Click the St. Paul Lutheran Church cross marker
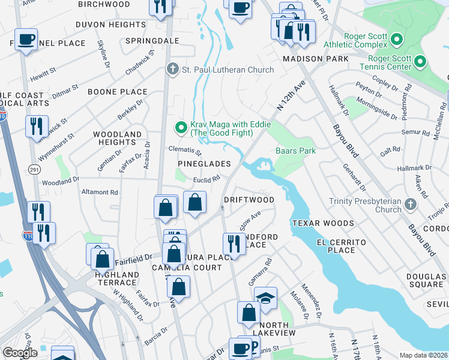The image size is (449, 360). point(173,70)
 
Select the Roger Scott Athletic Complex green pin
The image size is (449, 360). point(396,40)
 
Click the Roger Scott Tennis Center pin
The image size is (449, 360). point(420,61)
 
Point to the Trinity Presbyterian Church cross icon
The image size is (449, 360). point(411,205)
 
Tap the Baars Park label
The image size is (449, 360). point(295,151)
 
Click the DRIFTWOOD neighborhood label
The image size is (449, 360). point(249,199)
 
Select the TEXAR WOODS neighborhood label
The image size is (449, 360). point(323,223)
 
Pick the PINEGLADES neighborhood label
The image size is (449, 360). point(204,164)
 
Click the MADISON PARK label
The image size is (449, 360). point(315,59)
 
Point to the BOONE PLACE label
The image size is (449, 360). point(118,92)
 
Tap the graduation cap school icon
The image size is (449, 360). point(265,296)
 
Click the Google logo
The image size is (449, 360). point(20,353)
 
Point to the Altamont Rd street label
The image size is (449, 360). point(100,192)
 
